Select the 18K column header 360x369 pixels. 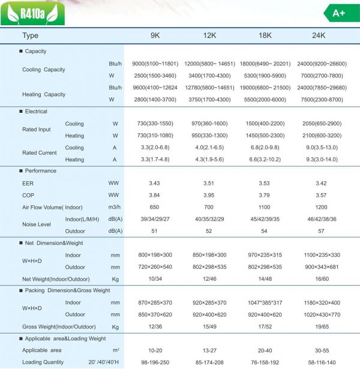(265, 35)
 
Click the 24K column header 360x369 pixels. (319, 35)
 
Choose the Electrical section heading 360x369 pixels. (35, 112)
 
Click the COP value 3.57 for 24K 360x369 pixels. (319, 195)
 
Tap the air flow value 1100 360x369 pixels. (265, 207)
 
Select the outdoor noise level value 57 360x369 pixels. (319, 231)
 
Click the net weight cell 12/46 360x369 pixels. (209, 279)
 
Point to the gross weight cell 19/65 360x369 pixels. (319, 326)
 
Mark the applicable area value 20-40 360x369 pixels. (265, 350)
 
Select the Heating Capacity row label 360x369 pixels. (43, 94)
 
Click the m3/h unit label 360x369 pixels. (115, 207)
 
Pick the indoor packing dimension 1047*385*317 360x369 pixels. (265, 303)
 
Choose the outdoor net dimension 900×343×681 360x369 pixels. (319, 267)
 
